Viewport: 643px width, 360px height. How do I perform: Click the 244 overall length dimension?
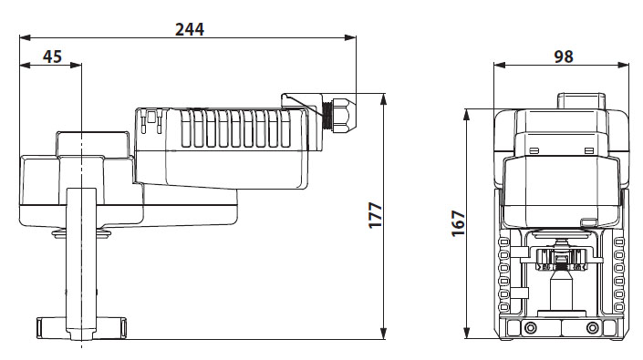coord(189,28)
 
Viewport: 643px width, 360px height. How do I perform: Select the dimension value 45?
coord(52,57)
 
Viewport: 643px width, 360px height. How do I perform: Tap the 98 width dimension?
coord(563,56)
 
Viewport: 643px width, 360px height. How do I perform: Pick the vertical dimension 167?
coord(458,221)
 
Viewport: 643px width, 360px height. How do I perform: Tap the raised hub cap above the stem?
coord(93,144)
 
